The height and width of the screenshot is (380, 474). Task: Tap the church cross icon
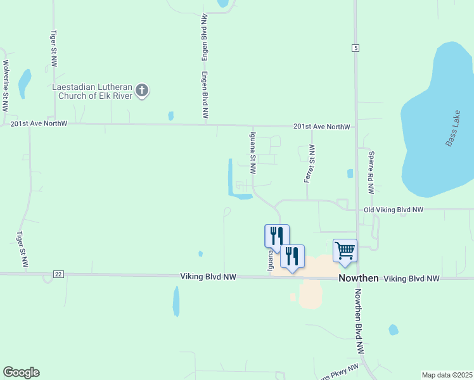pos(142,91)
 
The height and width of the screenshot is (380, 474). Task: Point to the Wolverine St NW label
pos(6,79)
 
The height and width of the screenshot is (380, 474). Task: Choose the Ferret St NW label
pos(310,163)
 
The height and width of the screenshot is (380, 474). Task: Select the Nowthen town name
pos(358,278)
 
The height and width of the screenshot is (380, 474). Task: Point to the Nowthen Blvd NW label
pos(359,321)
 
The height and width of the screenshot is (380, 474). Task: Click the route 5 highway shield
pos(356,48)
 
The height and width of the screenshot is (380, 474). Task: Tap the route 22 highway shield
pos(58,274)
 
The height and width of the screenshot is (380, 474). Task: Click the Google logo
pos(21,372)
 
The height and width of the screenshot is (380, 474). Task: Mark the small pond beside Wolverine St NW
pos(24,82)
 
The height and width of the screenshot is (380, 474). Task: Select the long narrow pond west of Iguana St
pos(230,177)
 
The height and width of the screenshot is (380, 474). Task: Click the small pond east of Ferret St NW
pos(350,174)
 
